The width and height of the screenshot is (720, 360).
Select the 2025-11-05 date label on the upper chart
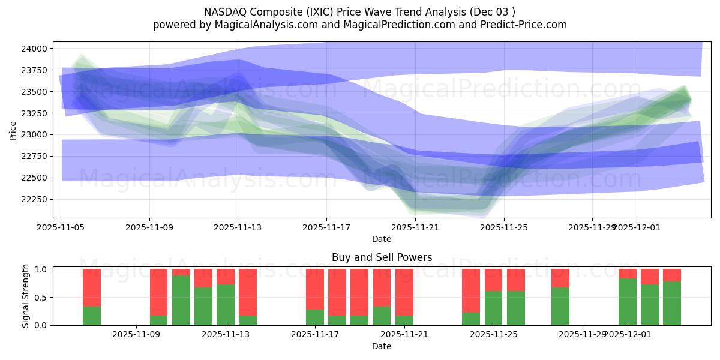pos(61,227)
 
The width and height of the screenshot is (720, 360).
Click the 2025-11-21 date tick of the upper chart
pos(415,227)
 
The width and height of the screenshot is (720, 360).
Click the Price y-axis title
pos(13,130)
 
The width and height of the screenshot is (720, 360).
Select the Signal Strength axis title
pos(25,296)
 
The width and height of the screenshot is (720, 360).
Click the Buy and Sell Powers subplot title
pos(382,257)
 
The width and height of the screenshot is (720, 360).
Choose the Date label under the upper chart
pos(382,239)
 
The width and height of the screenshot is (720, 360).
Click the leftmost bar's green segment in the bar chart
pos(92,316)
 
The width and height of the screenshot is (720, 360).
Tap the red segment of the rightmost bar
pos(672,275)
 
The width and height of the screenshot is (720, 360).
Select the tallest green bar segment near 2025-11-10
pos(181,300)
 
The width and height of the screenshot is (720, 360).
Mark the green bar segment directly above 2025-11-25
pos(493,308)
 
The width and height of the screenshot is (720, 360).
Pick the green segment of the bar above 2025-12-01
pos(628,302)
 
